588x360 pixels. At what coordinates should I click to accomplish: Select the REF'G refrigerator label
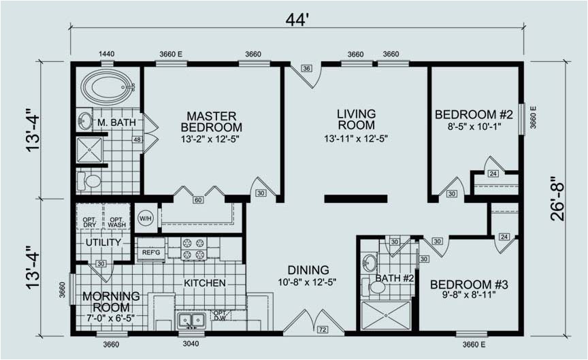pos(151,252)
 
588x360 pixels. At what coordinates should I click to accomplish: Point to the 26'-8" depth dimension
pos(557,198)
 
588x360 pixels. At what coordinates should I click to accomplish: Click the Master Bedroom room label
pos(211,122)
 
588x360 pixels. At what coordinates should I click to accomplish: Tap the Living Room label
pos(356,119)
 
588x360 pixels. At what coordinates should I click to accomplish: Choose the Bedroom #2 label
pos(474,114)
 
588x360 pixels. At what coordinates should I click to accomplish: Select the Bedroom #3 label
pos(469,284)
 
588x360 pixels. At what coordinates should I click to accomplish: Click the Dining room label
pos(308,270)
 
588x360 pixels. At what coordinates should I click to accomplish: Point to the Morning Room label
pos(111,302)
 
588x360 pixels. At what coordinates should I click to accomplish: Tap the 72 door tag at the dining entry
pos(322,330)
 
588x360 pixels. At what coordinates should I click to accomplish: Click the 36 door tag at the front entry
pos(307,68)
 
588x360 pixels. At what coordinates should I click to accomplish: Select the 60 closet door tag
pos(198,200)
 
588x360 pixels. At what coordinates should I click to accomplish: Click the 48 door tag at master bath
pos(137,140)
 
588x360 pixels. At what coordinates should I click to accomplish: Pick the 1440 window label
pos(106,54)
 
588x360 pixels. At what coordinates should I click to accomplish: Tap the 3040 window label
pos(191,344)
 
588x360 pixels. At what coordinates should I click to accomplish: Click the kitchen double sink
pos(192,321)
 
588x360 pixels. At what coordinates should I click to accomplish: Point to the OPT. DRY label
pos(90,222)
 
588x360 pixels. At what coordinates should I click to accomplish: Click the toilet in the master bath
pos(89,182)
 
